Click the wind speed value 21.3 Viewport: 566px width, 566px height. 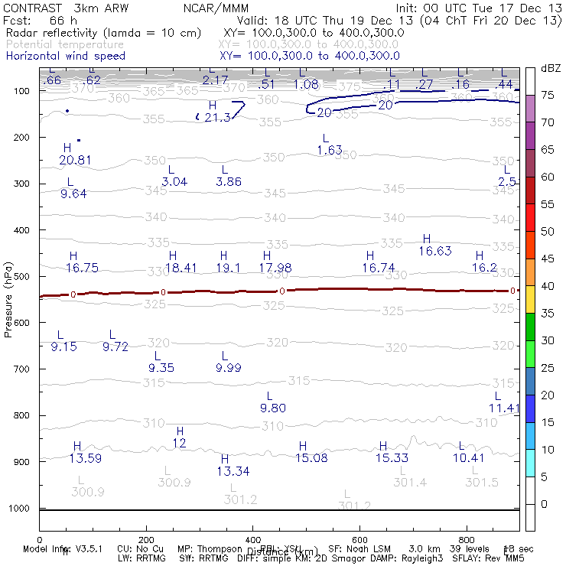pyautogui.click(x=217, y=118)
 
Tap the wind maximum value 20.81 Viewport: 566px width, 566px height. pyautogui.click(x=75, y=160)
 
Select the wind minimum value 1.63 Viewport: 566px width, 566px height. pyautogui.click(x=330, y=151)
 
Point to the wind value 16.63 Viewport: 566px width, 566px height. pyautogui.click(x=434, y=251)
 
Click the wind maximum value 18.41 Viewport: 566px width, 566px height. pyautogui.click(x=181, y=268)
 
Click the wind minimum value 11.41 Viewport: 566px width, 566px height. pyautogui.click(x=504, y=408)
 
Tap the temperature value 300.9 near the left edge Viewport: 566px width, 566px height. pyautogui.click(x=88, y=492)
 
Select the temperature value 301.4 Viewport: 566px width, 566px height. pyautogui.click(x=410, y=483)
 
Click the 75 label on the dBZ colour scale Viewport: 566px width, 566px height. pyautogui.click(x=548, y=96)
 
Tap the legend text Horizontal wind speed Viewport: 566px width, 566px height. pyautogui.click(x=65, y=56)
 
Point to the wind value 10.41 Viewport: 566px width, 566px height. pyautogui.click(x=468, y=458)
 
